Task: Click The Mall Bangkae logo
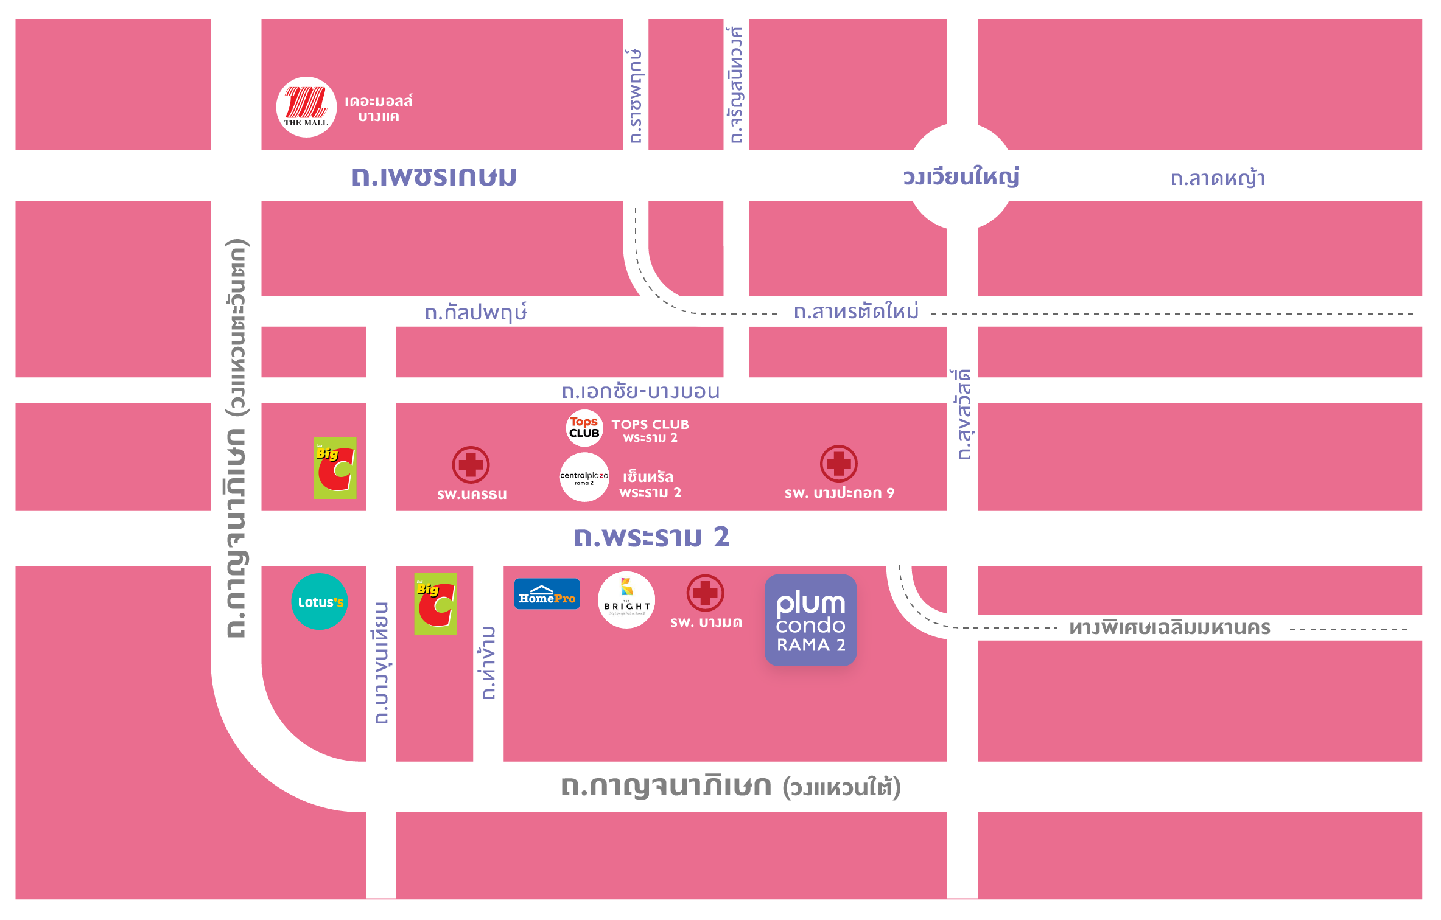coord(306,107)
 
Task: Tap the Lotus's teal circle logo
coord(320,601)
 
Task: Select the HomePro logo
coord(547,594)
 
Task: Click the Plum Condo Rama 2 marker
coord(810,620)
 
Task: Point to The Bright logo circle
coord(626,600)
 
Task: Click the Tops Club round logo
coord(584,428)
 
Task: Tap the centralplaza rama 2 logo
coord(584,477)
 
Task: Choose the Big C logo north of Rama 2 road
coord(335,468)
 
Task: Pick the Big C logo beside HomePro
coord(435,604)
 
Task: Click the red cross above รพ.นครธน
coord(471,465)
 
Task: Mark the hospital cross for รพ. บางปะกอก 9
coord(838,464)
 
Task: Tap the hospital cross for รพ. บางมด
coord(705,593)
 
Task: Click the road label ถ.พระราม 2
coord(651,537)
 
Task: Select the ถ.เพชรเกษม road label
coord(434,176)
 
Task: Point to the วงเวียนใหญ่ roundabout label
coord(961,177)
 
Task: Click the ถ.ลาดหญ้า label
coord(1218,178)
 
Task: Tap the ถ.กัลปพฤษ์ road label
coord(475,313)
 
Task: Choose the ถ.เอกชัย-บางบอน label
coord(640,391)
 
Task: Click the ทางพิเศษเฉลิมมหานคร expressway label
coord(1169,628)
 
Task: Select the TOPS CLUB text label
coord(650,425)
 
